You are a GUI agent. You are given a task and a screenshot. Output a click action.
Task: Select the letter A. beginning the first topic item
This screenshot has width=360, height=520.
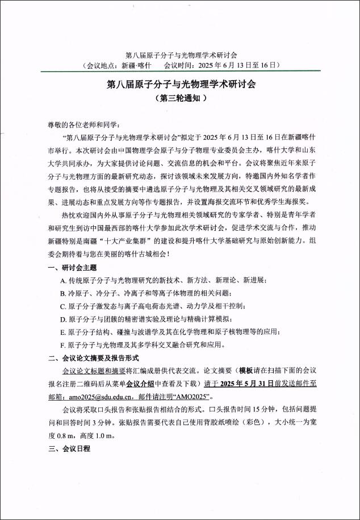(x=63, y=281)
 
